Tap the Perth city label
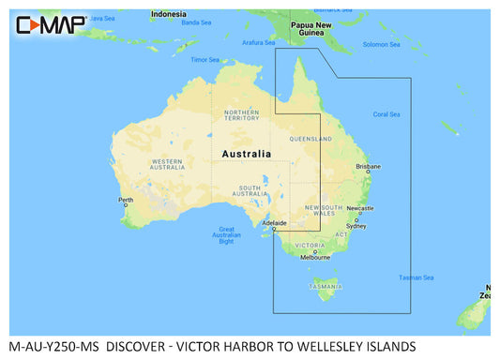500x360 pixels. [x=127, y=199]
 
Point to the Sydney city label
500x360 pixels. [x=356, y=226]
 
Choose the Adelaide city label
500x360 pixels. [x=274, y=222]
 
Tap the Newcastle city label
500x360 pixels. [x=360, y=208]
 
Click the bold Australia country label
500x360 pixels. [x=247, y=153]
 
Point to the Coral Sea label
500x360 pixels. [x=386, y=114]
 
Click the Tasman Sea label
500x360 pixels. [x=417, y=277]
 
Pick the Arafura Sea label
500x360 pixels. [x=259, y=42]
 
